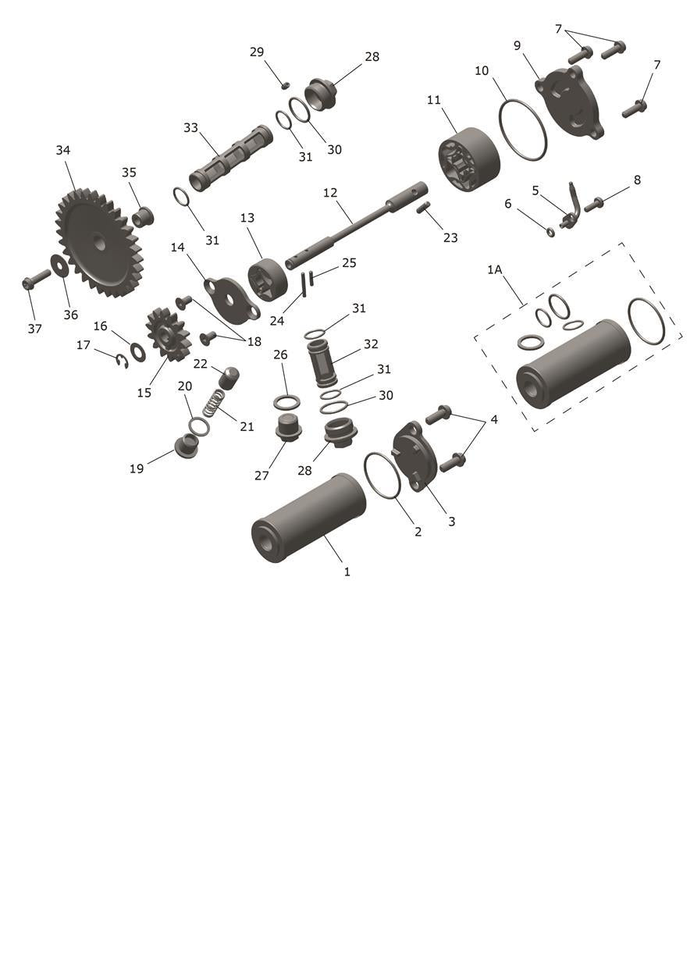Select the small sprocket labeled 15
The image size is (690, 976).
click(169, 335)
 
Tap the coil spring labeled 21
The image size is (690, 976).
click(214, 403)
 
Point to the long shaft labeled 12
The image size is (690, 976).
click(356, 223)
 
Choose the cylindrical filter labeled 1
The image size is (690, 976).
click(308, 518)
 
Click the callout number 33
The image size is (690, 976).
click(190, 128)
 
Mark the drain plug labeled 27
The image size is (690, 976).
click(288, 429)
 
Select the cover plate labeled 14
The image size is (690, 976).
click(233, 299)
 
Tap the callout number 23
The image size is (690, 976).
click(450, 238)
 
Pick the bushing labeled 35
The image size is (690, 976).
click(144, 217)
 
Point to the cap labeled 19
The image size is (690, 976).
click(187, 446)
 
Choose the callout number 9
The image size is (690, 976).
click(517, 46)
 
